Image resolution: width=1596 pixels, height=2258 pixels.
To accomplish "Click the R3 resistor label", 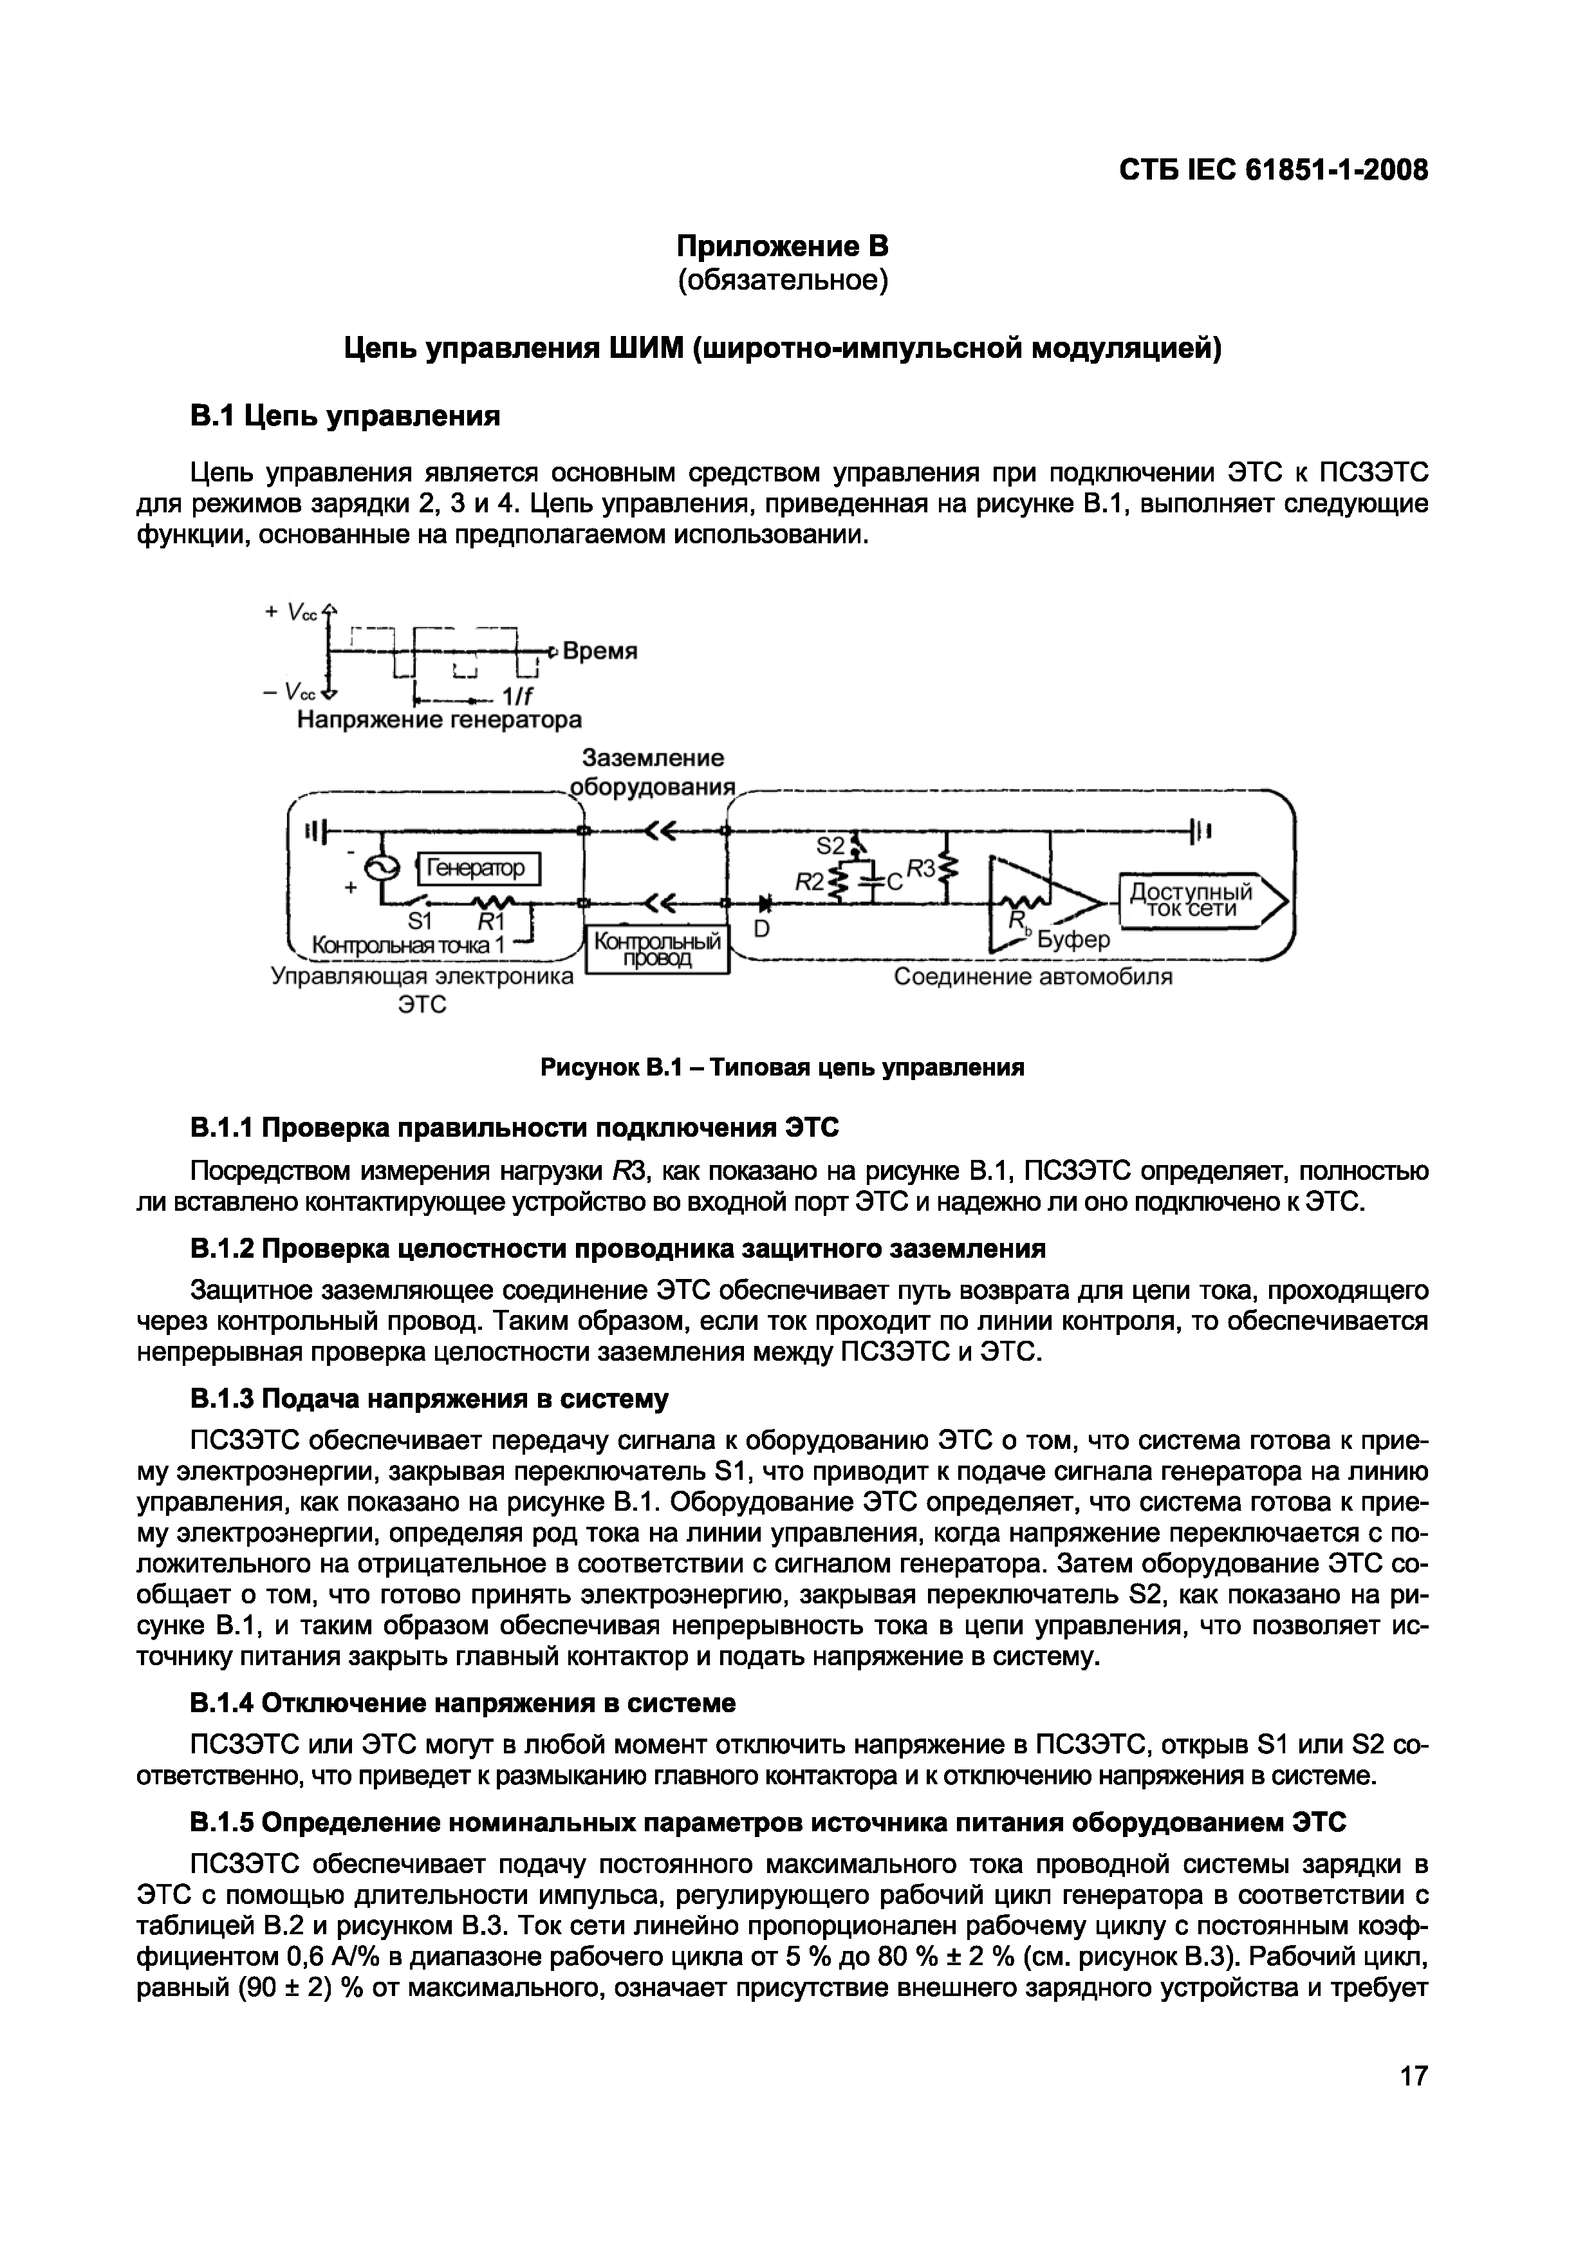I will (x=920, y=868).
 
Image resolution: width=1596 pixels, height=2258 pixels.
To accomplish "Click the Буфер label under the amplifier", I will (x=1074, y=939).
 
